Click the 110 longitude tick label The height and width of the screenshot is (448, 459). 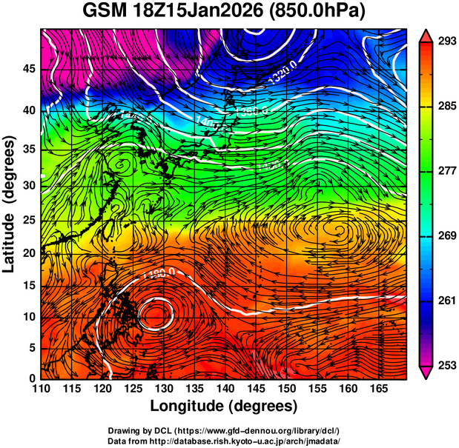tap(42, 389)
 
